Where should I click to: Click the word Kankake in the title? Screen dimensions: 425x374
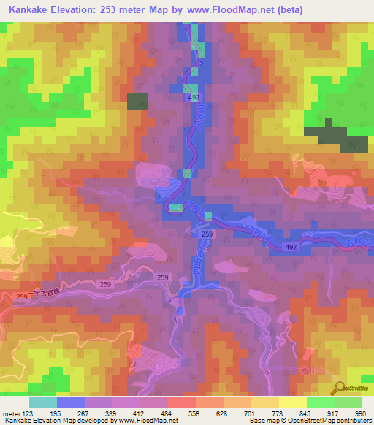(30, 10)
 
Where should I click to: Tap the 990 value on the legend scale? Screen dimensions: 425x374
(359, 413)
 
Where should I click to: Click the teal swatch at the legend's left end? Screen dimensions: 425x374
(42, 402)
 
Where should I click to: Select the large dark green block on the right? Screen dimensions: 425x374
(327, 135)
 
